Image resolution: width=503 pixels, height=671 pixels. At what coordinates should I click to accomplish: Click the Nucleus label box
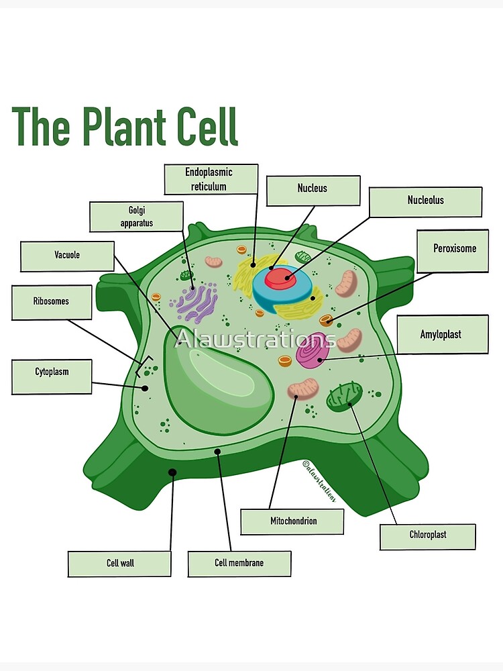(x=313, y=191)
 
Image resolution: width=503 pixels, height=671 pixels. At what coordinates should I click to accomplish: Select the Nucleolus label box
(x=425, y=202)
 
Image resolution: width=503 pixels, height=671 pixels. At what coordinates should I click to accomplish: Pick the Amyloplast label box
(x=442, y=334)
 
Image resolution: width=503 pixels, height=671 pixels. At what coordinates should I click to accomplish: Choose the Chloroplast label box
(x=428, y=537)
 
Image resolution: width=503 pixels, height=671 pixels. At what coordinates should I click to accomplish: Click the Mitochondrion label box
(x=292, y=521)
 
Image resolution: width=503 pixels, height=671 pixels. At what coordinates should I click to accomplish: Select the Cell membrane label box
(x=239, y=564)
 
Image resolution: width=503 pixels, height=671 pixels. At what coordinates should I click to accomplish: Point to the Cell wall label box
(x=119, y=564)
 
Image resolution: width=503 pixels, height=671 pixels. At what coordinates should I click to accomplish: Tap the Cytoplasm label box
(x=52, y=376)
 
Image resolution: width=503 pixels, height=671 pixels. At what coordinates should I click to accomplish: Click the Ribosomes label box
(x=52, y=303)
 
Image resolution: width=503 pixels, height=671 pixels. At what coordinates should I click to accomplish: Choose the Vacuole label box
(x=68, y=256)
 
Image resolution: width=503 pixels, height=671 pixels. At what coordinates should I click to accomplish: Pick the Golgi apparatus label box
(x=136, y=216)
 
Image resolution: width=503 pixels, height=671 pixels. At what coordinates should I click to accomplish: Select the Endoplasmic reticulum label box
(x=211, y=179)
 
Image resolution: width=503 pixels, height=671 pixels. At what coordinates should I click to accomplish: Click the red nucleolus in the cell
(x=280, y=278)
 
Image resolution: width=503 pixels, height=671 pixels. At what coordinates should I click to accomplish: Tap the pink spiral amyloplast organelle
(x=313, y=350)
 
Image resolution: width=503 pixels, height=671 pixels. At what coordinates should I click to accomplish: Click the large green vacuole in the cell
(x=215, y=382)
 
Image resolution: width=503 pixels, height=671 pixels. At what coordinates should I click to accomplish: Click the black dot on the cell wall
(x=172, y=472)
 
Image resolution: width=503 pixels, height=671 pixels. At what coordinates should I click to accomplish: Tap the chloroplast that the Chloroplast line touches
(x=344, y=395)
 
